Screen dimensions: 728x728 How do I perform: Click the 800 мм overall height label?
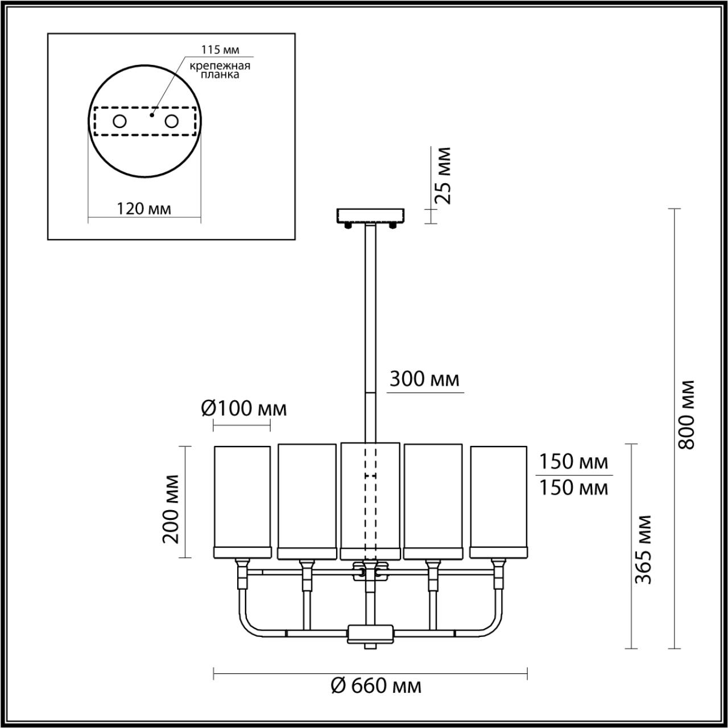(688, 413)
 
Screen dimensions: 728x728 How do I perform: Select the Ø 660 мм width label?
(376, 686)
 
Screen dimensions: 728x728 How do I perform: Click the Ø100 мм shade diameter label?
(243, 408)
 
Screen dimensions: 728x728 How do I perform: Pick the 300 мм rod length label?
(424, 378)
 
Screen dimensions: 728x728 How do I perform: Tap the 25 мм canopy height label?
(442, 175)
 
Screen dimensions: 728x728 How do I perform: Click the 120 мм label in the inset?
(144, 208)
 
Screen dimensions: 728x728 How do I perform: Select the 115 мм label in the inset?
(220, 50)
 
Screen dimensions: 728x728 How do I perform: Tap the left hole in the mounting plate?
(120, 121)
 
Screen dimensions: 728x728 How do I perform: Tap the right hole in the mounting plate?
(171, 121)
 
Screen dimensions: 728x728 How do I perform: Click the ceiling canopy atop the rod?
(370, 216)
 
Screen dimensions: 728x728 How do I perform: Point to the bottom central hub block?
(370, 632)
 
